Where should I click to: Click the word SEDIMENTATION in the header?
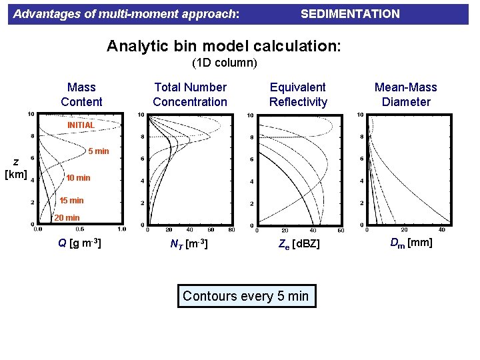tap(350, 14)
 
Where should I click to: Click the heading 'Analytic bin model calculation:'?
tap(224, 46)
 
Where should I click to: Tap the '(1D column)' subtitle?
tap(225, 63)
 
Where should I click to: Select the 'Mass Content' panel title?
tap(81, 95)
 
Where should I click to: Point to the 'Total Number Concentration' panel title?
tap(190, 95)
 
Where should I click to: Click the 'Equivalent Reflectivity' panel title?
tap(298, 95)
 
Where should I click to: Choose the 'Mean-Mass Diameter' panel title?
tap(405, 95)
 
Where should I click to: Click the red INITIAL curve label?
tap(81, 125)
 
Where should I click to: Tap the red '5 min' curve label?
tap(98, 151)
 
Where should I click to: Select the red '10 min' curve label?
tap(78, 178)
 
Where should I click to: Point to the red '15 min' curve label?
tap(71, 201)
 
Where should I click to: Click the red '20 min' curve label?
tap(67, 218)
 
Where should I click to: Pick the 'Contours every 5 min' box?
tap(246, 296)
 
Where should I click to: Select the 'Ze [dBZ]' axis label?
tap(299, 245)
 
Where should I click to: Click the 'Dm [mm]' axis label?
tap(411, 243)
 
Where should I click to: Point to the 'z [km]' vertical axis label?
tap(15, 168)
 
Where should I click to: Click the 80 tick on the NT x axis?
tap(231, 230)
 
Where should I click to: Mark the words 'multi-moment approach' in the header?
tap(172, 14)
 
